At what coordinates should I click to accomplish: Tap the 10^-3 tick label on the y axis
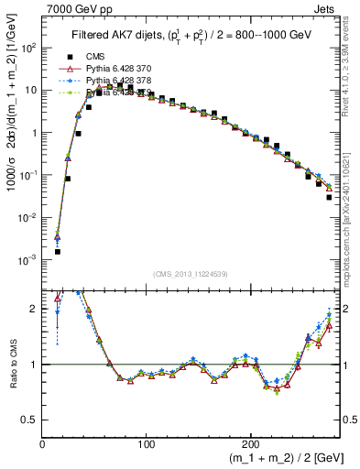(x=28, y=260)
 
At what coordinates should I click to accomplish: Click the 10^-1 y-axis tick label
(x=28, y=175)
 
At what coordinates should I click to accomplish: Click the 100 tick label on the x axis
(x=146, y=444)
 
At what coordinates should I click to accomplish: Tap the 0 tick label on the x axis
(x=43, y=444)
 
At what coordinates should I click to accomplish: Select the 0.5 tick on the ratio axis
(x=30, y=420)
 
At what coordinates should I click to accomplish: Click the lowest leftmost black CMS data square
(x=57, y=251)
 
